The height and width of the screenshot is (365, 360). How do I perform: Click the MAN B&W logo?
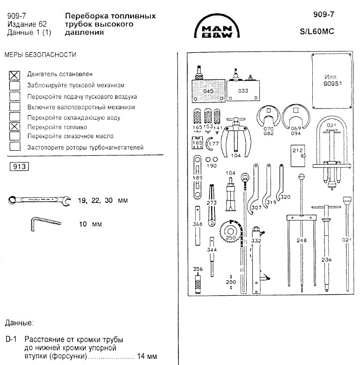pyautogui.click(x=217, y=26)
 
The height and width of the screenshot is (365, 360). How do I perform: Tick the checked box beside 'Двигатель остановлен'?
pyautogui.click(x=15, y=75)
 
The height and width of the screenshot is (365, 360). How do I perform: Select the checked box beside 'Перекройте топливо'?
pyautogui.click(x=15, y=127)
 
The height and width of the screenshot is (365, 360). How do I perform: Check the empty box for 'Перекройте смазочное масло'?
pyautogui.click(x=15, y=136)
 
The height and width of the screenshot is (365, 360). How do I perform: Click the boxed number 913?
pyautogui.click(x=19, y=167)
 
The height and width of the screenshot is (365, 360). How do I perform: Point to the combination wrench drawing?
pyautogui.click(x=39, y=200)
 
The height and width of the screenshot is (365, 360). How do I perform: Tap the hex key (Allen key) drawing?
pyautogui.click(x=45, y=224)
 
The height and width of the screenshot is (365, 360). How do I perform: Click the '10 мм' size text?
pyautogui.click(x=90, y=224)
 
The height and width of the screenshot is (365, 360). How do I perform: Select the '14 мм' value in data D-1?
pyautogui.click(x=147, y=356)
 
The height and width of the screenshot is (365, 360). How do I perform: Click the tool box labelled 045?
pyautogui.click(x=208, y=91)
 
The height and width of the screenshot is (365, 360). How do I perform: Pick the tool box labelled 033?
pyautogui.click(x=243, y=91)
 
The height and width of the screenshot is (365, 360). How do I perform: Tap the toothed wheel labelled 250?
pyautogui.click(x=230, y=232)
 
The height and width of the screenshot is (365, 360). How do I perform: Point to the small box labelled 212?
pyautogui.click(x=298, y=156)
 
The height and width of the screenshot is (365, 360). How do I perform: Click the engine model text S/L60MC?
pyautogui.click(x=317, y=31)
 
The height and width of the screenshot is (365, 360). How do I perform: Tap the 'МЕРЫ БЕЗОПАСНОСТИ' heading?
pyautogui.click(x=40, y=55)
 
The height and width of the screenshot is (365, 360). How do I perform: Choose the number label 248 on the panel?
pyautogui.click(x=301, y=240)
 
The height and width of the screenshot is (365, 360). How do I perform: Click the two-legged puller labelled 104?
pyautogui.click(x=236, y=137)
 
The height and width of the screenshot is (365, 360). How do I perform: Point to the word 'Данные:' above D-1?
pyautogui.click(x=19, y=323)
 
